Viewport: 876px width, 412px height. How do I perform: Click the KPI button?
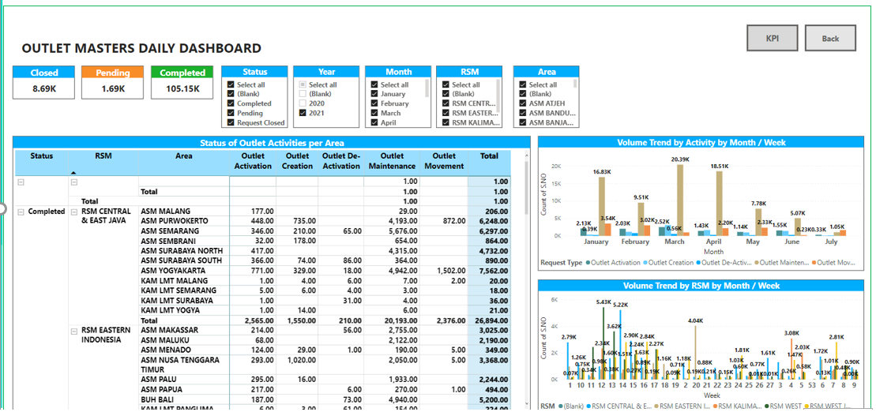(772, 39)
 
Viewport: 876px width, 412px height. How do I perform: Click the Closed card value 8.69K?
(43, 88)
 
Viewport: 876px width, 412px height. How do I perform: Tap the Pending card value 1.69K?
(113, 88)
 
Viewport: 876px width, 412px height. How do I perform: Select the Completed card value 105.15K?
(182, 88)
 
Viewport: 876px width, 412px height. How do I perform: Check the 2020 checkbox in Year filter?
(303, 103)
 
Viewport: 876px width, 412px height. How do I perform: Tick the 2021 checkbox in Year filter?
(303, 113)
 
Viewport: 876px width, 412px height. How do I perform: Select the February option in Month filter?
(375, 103)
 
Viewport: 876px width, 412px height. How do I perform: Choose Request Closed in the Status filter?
(231, 122)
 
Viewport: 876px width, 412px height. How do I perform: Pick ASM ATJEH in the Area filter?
(524, 103)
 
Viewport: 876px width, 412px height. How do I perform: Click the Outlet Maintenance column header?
(392, 161)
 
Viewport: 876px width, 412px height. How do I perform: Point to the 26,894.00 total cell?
(490, 321)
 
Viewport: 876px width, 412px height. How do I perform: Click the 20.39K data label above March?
(679, 159)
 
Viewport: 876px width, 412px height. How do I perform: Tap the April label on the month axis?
(713, 242)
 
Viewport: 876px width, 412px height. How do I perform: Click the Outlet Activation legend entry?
(613, 263)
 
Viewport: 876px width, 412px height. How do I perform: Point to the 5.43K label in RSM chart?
(603, 302)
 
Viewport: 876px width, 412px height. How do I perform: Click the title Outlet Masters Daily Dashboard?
(141, 49)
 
